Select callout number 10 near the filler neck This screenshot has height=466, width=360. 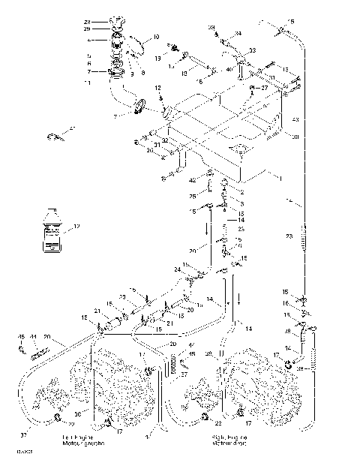(x=156, y=37)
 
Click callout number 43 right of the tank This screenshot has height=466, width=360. (x=295, y=120)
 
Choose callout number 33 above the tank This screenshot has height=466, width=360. (x=251, y=50)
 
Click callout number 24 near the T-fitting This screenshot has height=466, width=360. (x=178, y=269)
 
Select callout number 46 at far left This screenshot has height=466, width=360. (x=21, y=338)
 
